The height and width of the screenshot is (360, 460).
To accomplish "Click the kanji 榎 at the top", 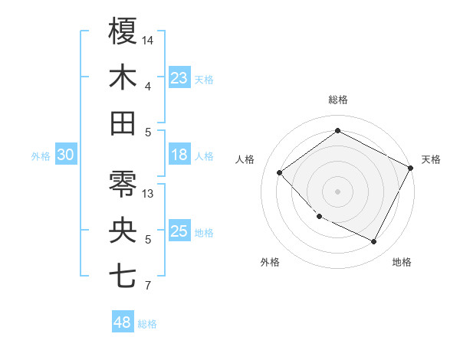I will (123, 31).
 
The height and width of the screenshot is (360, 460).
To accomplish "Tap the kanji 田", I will (123, 123).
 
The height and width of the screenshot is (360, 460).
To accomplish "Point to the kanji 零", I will (123, 185).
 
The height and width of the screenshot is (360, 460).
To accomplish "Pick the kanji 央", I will (123, 231).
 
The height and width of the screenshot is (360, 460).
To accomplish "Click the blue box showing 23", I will (179, 78).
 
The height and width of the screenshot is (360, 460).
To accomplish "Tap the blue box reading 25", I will (179, 232).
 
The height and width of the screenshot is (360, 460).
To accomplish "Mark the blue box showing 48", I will (122, 322).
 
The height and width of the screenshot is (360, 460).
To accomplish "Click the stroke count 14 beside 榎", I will (149, 40).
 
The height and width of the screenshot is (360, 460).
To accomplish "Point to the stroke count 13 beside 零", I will (149, 193).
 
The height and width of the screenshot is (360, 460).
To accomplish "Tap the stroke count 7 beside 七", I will (148, 286).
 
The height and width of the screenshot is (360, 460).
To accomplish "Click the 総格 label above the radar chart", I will (338, 100).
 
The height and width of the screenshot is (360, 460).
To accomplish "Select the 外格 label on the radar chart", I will (270, 262).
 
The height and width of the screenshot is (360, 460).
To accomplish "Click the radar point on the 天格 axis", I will (412, 168).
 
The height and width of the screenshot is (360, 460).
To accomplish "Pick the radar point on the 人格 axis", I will (280, 172).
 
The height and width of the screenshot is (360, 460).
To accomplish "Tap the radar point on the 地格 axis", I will (374, 241).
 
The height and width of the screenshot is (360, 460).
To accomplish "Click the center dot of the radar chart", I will (337, 191).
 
